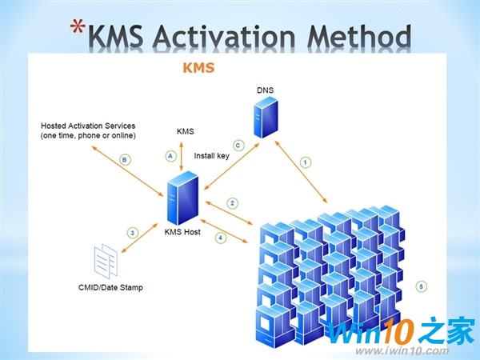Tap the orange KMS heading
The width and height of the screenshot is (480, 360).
pyautogui.click(x=199, y=69)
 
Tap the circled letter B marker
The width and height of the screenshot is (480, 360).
pyautogui.click(x=124, y=159)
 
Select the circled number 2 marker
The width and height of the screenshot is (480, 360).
pyautogui.click(x=232, y=202)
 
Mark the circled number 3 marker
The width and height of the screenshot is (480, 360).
pyautogui.click(x=133, y=232)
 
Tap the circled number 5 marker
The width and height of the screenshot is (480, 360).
pyautogui.click(x=422, y=286)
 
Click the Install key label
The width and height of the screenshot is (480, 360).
pyautogui.click(x=212, y=156)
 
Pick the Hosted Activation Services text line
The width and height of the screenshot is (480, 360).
pyautogui.click(x=89, y=126)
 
